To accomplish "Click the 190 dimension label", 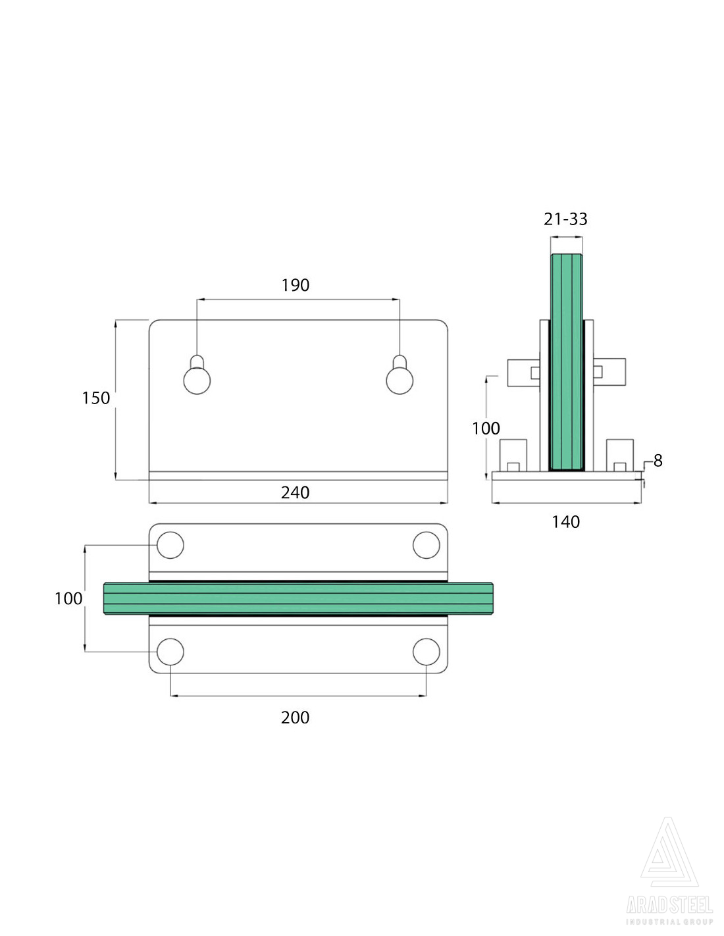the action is pos(295,285).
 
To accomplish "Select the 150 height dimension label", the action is pos(95,398).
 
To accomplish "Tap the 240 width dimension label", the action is pos(295,492).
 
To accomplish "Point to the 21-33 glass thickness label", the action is pos(565,219).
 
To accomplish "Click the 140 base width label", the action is pos(565,522).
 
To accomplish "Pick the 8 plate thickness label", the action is pos(658,461).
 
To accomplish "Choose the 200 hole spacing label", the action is pos(295,717).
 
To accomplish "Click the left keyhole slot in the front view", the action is pos(197,375).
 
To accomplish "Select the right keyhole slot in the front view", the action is pos(400,375).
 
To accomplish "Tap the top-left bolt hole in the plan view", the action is pos(170,545).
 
